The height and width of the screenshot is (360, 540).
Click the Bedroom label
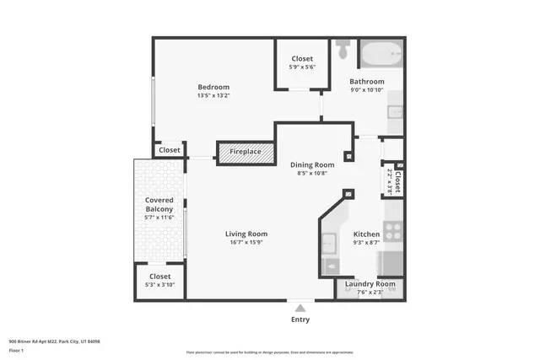(x=213, y=87)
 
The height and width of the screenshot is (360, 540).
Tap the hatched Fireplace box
(x=246, y=153)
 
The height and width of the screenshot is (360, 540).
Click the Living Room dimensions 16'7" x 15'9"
(x=246, y=243)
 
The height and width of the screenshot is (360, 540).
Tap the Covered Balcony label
(x=159, y=204)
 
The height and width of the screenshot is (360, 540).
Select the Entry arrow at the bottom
(x=300, y=306)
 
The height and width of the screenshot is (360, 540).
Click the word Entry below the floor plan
(x=300, y=320)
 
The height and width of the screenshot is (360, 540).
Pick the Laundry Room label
(x=370, y=284)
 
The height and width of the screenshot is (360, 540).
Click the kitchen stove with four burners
(x=392, y=230)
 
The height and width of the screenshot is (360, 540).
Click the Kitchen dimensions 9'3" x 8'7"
(x=366, y=243)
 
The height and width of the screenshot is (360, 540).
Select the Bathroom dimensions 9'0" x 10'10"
(x=367, y=90)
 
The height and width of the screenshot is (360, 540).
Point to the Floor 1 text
(x=18, y=350)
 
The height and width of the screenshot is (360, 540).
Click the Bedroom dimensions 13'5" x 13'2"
(x=213, y=95)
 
